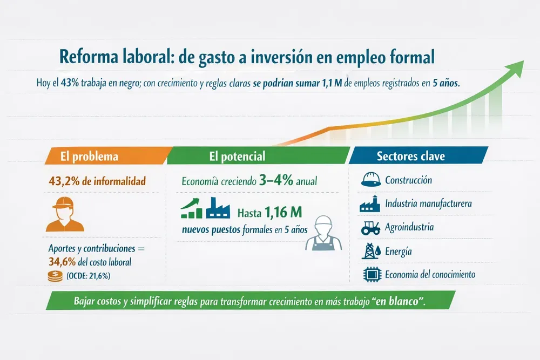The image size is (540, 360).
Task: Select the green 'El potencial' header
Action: (x=238, y=156)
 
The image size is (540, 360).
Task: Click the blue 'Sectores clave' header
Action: (x=411, y=156)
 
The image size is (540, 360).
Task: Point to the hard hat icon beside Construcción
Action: (x=370, y=180)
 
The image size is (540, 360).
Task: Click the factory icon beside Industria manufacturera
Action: (x=370, y=204)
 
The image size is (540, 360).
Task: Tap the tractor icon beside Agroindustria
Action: (x=370, y=227)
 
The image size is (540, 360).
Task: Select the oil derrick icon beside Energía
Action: (x=370, y=251)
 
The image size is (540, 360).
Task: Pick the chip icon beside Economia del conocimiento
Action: (x=370, y=274)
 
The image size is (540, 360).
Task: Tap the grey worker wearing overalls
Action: (x=323, y=233)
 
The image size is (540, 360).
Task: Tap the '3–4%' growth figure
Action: (x=275, y=181)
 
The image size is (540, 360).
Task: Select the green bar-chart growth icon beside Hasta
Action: (x=192, y=209)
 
